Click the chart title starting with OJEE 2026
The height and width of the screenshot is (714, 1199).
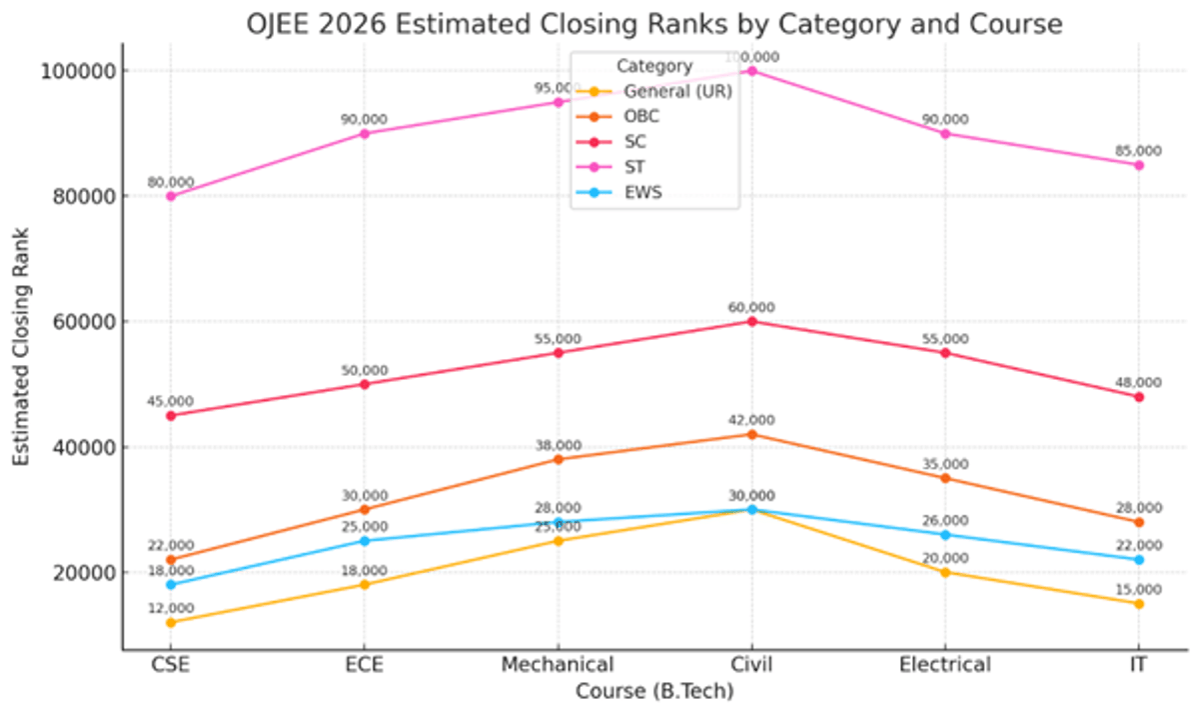coord(654,22)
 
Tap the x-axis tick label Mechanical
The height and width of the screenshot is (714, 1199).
coord(558,665)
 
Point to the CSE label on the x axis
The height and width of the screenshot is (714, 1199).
coord(171,665)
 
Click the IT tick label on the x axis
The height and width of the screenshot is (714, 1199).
coord(1139,665)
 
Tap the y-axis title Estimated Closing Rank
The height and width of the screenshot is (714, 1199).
coord(22,346)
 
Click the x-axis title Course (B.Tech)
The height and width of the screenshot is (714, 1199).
coord(654,691)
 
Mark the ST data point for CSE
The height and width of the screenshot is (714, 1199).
coord(171,196)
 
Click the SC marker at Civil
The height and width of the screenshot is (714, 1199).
coord(751,321)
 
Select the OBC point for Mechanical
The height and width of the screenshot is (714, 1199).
coord(559,459)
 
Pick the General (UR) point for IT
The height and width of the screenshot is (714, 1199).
coord(1139,603)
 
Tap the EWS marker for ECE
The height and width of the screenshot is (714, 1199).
coord(365,541)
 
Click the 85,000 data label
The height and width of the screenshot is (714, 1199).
coord(1138,151)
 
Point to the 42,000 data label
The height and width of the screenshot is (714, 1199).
coord(751,420)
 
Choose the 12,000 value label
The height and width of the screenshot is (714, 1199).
coord(171,608)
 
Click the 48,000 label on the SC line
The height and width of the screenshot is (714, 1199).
coord(1138,382)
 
